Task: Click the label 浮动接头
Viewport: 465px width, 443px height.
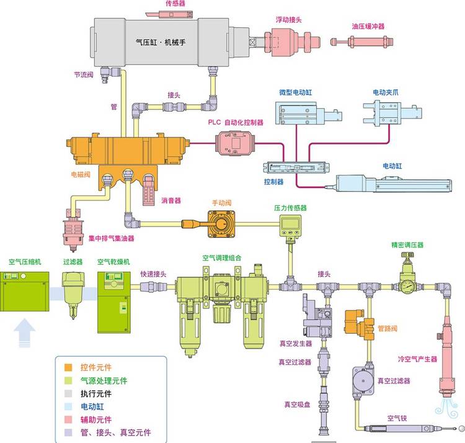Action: coord(288,20)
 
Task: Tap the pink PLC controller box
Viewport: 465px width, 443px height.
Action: coord(235,143)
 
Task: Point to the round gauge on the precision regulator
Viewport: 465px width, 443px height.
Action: coord(408,286)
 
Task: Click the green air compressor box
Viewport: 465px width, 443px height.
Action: coord(25,292)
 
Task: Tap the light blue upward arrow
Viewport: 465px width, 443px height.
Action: coord(25,333)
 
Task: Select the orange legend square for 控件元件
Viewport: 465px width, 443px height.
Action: coord(68,367)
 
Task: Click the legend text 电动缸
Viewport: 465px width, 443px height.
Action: coord(92,406)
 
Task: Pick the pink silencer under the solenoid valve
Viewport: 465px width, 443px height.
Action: coord(149,191)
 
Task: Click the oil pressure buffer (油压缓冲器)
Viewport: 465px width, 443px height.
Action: coord(362,42)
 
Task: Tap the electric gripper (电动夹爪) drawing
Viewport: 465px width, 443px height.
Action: coord(392,113)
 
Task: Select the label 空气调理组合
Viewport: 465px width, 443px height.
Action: coord(222,258)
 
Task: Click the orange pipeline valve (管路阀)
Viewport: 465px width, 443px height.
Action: coord(360,325)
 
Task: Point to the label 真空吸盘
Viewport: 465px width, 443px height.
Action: coord(297,405)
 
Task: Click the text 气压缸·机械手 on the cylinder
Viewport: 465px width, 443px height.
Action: coord(161,42)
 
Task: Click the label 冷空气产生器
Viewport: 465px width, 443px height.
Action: coord(417,359)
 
